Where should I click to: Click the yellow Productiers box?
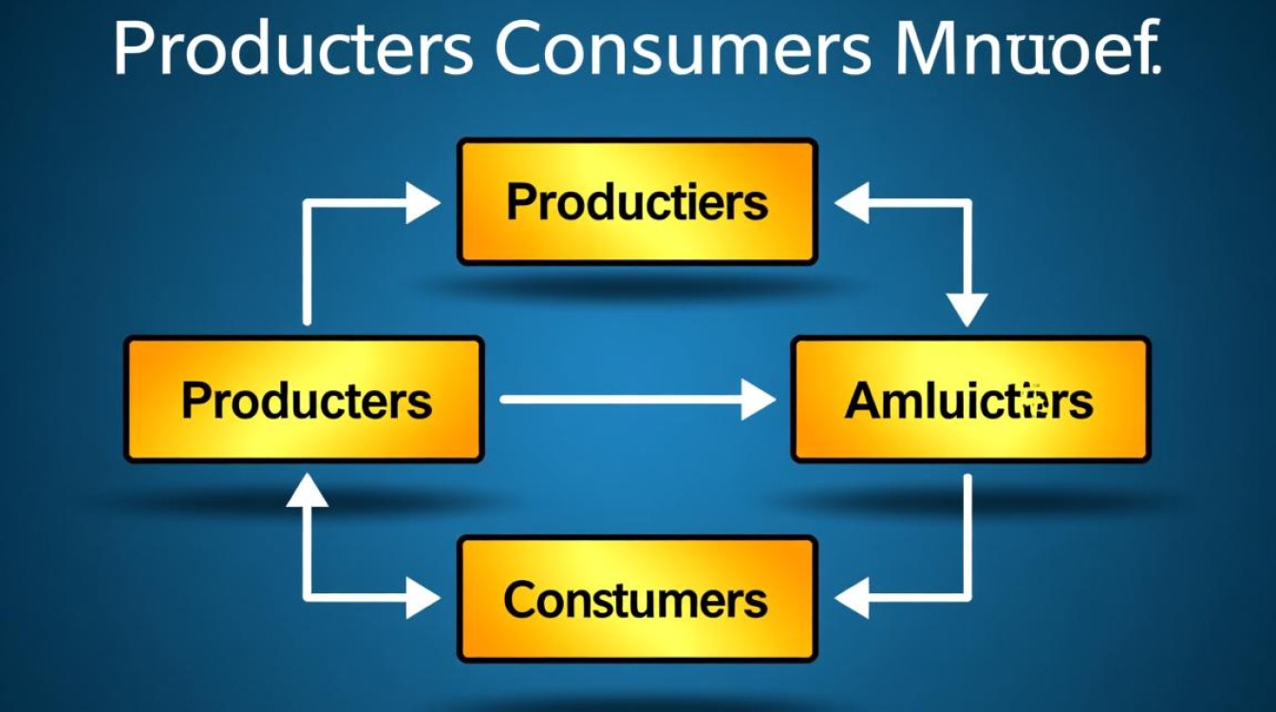point(637,201)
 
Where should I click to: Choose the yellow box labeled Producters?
point(304,400)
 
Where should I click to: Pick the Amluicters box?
point(970,400)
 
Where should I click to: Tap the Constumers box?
point(637,599)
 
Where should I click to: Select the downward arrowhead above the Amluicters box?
point(968,309)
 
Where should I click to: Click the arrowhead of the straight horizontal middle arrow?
point(757,400)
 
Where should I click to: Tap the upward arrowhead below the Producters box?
point(307,490)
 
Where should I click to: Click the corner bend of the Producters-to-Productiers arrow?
point(307,203)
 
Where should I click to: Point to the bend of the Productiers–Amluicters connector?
point(968,203)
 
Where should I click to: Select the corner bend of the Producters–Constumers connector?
point(307,598)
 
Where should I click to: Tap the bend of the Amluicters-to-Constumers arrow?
point(968,598)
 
